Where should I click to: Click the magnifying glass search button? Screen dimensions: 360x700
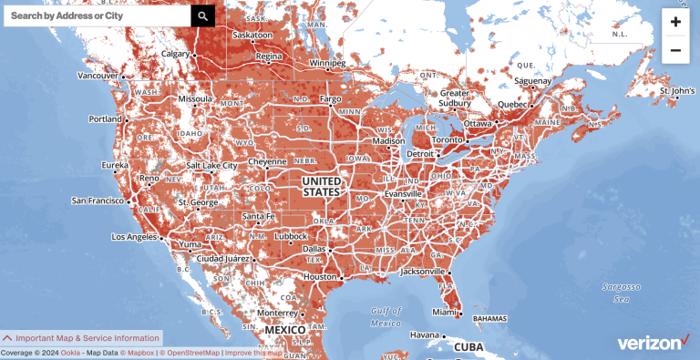(x=203, y=15)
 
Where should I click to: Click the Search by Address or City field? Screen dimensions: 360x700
(x=97, y=15)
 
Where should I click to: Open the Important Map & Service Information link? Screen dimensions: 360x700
(x=81, y=337)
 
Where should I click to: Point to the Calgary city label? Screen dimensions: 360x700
(x=175, y=54)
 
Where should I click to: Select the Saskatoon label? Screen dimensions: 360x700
(x=252, y=36)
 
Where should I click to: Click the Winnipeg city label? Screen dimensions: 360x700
(x=327, y=64)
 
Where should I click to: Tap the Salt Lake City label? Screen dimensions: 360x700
(x=211, y=166)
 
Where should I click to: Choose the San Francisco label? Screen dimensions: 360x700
(x=99, y=200)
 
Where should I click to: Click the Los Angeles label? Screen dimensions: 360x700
(x=135, y=237)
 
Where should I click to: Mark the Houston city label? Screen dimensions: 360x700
(x=321, y=276)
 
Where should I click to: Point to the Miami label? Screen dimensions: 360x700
(x=444, y=313)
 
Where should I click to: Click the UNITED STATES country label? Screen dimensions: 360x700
(x=321, y=187)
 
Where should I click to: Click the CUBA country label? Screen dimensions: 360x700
(x=468, y=347)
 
